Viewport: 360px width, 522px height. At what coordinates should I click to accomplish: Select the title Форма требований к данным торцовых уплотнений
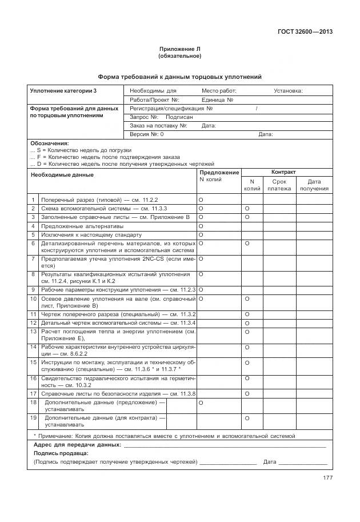pyautogui.click(x=179, y=77)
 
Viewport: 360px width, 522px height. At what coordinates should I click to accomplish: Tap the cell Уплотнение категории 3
pyautogui.click(x=63, y=91)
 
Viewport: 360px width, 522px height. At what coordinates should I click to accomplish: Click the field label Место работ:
pyautogui.click(x=219, y=91)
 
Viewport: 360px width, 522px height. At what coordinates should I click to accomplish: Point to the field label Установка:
pyautogui.click(x=288, y=91)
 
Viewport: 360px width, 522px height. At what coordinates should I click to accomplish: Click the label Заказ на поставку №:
pyautogui.click(x=158, y=126)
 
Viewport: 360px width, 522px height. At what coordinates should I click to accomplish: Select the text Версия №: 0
pyautogui.click(x=147, y=134)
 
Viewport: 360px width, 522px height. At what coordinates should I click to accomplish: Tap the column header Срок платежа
pyautogui.click(x=279, y=185)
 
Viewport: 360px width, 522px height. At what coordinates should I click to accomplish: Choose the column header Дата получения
pyautogui.click(x=314, y=185)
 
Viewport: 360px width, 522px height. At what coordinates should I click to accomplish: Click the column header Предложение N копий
pyautogui.click(x=219, y=176)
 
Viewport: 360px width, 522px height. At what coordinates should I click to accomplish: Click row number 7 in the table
pyautogui.click(x=33, y=259)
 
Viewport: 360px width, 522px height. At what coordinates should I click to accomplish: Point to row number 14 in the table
pyautogui.click(x=33, y=347)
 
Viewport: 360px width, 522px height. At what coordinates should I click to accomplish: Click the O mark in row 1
pyautogui.click(x=201, y=200)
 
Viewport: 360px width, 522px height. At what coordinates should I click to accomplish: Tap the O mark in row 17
pyautogui.click(x=247, y=394)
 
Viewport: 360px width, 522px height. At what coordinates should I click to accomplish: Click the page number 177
pyautogui.click(x=327, y=478)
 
